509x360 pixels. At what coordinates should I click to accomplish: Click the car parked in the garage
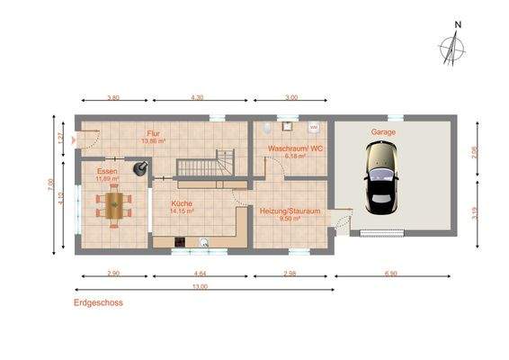pos(380,175)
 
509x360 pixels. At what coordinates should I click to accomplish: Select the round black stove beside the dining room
pos(140,167)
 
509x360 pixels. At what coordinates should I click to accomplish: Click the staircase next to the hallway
pos(204,166)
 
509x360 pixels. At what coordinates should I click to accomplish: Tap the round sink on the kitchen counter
pos(204,240)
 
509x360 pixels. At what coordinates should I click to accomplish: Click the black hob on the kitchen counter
pos(180,240)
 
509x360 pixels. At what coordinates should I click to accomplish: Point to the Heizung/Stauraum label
pos(290,211)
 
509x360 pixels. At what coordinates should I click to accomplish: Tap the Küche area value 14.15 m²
pos(183,211)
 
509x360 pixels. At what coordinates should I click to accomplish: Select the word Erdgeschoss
pos(98,303)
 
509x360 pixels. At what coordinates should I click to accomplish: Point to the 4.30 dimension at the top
pos(197,96)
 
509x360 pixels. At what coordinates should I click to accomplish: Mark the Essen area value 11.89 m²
pos(107,178)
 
